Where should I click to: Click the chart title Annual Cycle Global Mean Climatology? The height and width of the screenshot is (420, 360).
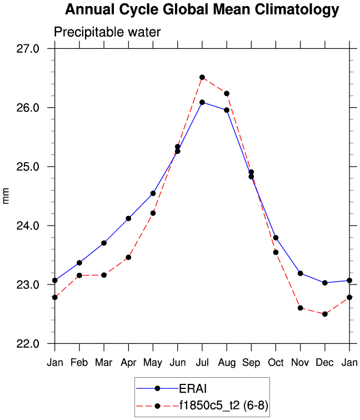tap(202, 9)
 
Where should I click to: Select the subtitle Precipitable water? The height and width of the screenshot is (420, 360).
tap(107, 32)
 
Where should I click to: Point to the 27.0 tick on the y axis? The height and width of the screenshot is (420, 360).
tap(27, 48)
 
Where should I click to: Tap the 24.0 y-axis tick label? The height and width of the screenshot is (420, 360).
tap(27, 226)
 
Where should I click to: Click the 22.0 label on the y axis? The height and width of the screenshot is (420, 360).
tap(27, 344)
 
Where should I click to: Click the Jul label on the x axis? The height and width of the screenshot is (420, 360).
tap(202, 362)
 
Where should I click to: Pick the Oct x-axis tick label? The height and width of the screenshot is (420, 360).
tap(276, 362)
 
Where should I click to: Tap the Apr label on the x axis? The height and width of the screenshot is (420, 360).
tap(128, 362)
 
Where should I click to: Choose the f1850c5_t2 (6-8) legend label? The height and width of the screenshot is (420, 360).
tap(223, 406)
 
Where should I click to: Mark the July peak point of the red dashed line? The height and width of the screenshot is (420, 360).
tap(202, 77)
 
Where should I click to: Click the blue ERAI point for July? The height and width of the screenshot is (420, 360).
tap(202, 102)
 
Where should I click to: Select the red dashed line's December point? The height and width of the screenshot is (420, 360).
tap(325, 314)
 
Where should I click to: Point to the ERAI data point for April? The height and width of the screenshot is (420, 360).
tap(128, 218)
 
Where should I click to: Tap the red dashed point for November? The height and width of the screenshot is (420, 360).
tap(301, 308)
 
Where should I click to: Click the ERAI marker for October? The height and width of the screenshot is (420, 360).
tap(276, 238)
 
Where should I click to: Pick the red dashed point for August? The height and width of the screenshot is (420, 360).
tap(227, 93)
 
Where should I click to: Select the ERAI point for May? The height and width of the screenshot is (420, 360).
tap(153, 193)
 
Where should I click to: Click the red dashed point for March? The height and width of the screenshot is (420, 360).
tap(104, 275)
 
